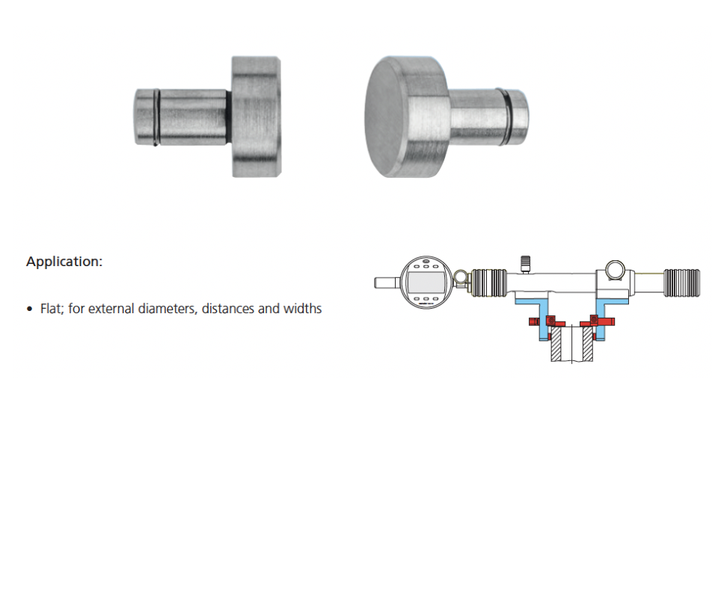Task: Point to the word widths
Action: [x=302, y=309]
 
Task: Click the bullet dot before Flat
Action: [x=30, y=309]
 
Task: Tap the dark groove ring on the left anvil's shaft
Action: [x=156, y=117]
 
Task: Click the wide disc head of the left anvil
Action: [x=256, y=117]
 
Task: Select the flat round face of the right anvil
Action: [x=385, y=117]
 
